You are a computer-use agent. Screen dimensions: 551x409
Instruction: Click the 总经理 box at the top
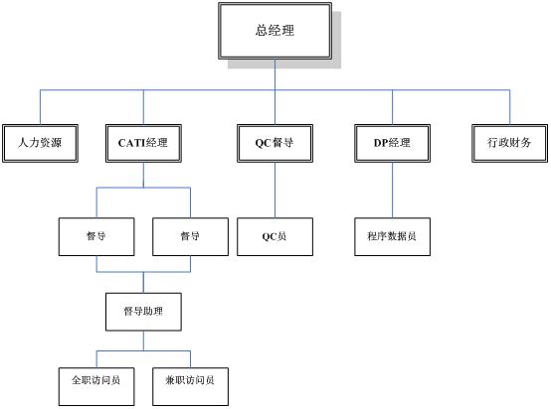(275, 31)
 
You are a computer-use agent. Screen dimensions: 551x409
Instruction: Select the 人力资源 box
(40, 143)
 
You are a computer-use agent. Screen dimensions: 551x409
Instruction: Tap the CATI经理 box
(143, 143)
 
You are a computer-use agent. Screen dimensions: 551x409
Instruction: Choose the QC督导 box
(275, 143)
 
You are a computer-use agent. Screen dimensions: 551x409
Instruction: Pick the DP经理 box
(392, 143)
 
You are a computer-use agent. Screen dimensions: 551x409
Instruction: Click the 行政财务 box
(509, 143)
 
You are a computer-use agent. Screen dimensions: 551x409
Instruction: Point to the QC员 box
(275, 237)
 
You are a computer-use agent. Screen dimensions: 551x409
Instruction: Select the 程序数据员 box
(392, 237)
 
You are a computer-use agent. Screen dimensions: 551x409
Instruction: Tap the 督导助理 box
(143, 312)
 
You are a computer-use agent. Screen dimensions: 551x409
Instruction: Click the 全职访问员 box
(96, 386)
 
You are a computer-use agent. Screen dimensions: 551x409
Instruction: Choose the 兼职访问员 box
(190, 386)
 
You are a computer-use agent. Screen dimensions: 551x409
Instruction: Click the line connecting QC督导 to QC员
(275, 191)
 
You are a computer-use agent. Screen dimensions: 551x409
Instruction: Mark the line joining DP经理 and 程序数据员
(392, 191)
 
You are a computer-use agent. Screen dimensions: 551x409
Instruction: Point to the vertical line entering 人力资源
(40, 107)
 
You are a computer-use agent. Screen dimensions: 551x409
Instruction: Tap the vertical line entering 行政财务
(509, 107)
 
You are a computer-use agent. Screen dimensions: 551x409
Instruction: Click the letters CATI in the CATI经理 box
(131, 143)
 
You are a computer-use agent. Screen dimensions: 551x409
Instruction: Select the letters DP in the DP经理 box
(381, 143)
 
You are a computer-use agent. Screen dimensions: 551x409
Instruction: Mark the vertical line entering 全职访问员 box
(96, 359)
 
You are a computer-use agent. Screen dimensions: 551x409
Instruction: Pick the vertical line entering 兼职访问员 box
(190, 359)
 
